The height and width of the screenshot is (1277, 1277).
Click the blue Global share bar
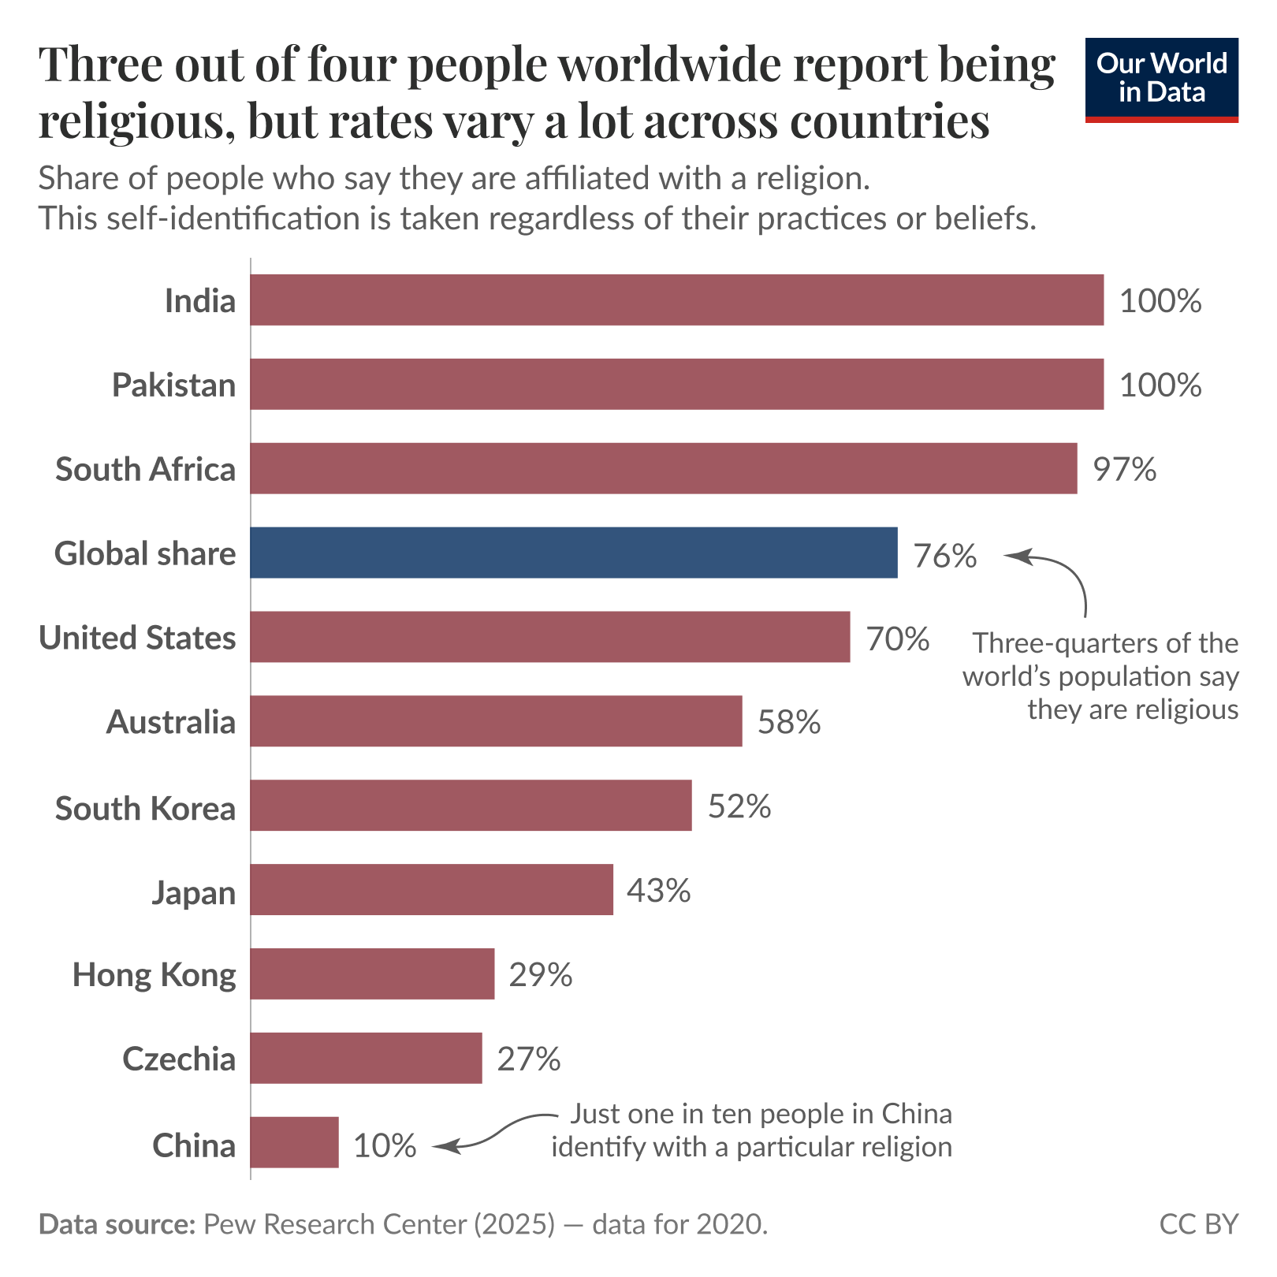573,553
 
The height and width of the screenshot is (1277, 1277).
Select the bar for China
294,1141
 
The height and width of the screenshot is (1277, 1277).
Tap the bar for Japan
431,889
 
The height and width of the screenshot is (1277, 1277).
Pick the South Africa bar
663,468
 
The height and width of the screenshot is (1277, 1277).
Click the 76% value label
944,556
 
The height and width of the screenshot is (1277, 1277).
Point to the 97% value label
1124,469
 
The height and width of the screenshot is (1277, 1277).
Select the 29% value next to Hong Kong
540,975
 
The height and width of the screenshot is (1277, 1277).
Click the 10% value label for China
385,1145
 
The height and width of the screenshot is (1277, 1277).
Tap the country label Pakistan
173,385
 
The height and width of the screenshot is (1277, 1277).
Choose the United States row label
137,638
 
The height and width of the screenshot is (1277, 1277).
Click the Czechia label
179,1059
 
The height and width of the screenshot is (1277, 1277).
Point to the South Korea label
145,809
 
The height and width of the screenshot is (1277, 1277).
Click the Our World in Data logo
1161,80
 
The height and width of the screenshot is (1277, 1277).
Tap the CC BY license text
1198,1224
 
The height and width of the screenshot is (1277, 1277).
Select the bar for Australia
496,720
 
